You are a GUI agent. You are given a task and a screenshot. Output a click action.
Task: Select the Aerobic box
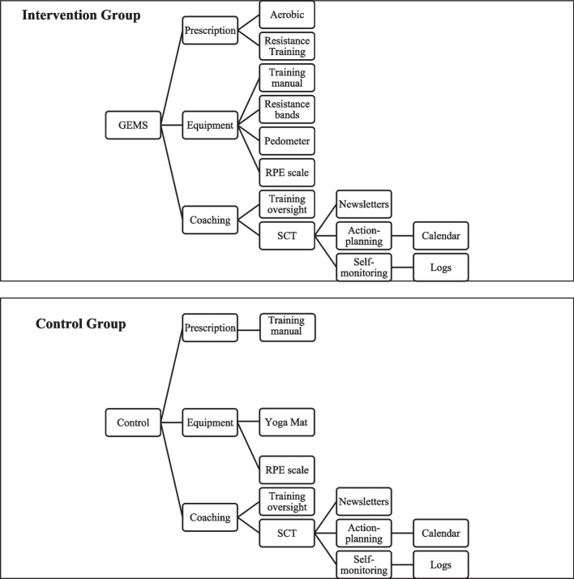(287, 14)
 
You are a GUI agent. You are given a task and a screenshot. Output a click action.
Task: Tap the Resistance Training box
(287, 45)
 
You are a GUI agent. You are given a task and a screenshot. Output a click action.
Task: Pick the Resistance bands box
(287, 109)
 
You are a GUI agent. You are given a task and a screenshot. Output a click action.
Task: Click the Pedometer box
(287, 140)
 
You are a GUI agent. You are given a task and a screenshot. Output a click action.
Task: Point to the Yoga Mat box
(287, 422)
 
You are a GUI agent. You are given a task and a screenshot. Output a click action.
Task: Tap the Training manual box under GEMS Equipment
(287, 77)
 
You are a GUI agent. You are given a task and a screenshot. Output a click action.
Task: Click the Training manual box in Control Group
(287, 328)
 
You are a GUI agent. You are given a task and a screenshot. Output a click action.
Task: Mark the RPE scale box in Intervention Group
(287, 172)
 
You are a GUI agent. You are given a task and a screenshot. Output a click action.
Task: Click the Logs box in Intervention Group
(440, 267)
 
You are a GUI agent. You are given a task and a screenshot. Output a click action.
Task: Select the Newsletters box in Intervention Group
(365, 204)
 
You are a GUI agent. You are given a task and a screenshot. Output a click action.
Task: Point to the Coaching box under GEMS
(209, 219)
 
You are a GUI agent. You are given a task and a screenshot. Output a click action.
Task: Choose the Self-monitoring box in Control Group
(365, 563)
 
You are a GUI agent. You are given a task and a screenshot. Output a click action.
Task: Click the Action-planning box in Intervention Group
(365, 235)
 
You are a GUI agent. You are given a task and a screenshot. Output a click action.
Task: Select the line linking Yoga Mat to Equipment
(248, 422)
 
